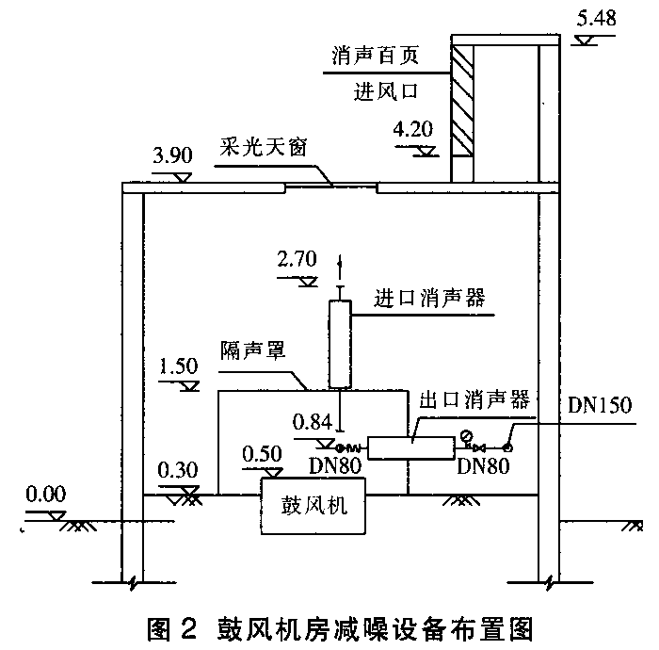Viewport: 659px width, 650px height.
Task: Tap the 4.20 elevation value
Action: [x=414, y=129]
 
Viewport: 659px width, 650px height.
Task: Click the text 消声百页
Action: [x=374, y=57]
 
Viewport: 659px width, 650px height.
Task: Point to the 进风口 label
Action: [x=384, y=91]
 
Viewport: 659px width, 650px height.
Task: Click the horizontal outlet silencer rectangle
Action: [x=410, y=447]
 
